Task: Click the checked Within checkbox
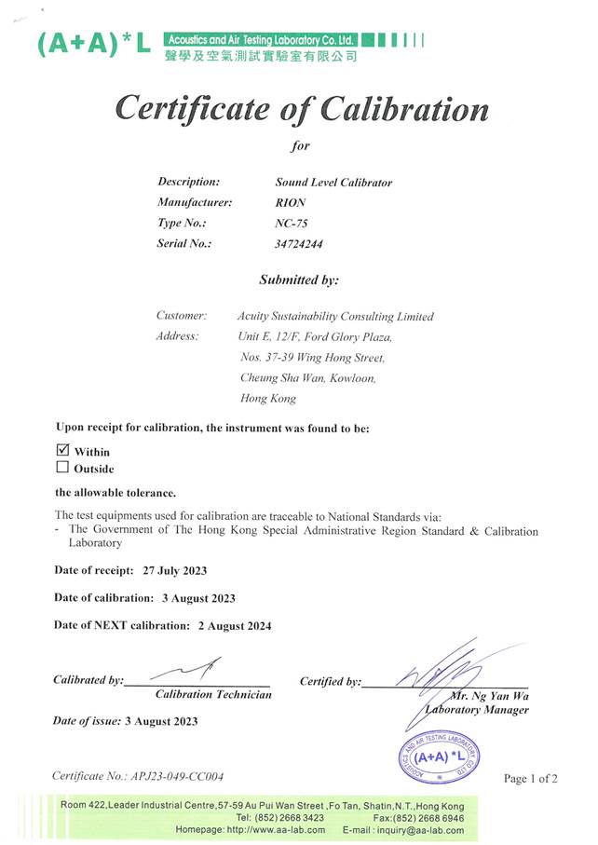click(63, 451)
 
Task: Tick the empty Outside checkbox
click(63, 469)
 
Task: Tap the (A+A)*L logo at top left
click(93, 43)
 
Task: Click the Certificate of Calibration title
click(301, 110)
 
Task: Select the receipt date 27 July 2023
click(175, 570)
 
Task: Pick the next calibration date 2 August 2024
click(235, 626)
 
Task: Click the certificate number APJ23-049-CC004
click(178, 776)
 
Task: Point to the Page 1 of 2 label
click(531, 779)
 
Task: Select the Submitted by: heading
click(299, 279)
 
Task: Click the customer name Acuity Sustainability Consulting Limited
click(335, 317)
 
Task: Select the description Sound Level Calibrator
click(333, 183)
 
